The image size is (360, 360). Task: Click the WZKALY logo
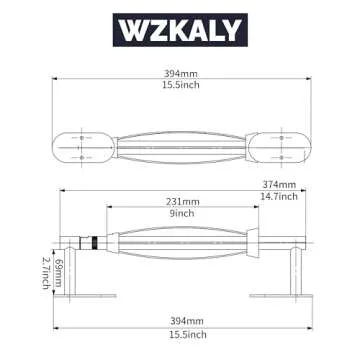180,29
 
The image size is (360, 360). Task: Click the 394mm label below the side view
180,319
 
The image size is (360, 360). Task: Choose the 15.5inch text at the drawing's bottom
180,333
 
